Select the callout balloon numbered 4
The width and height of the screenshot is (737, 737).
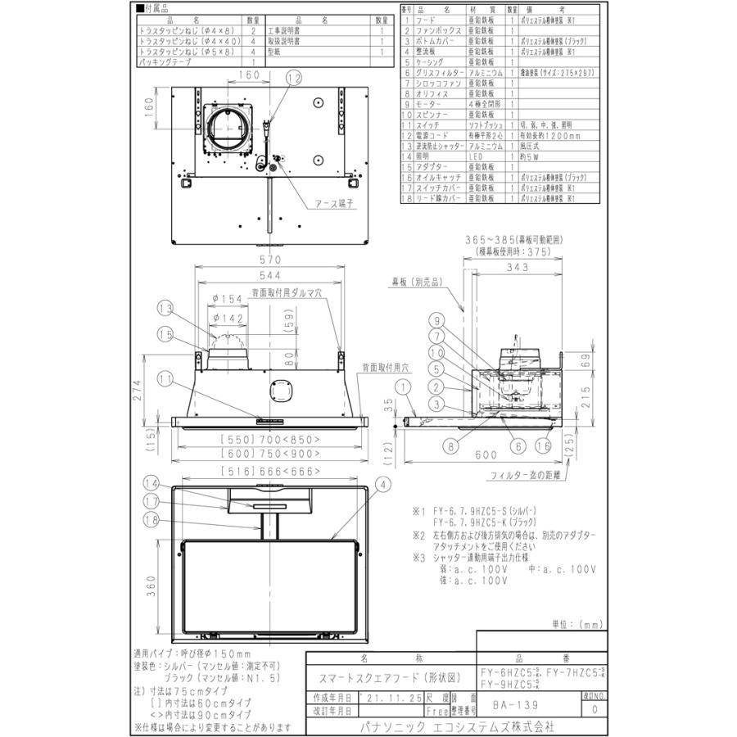pos(382,484)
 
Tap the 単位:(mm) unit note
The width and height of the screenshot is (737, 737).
pos(575,623)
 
